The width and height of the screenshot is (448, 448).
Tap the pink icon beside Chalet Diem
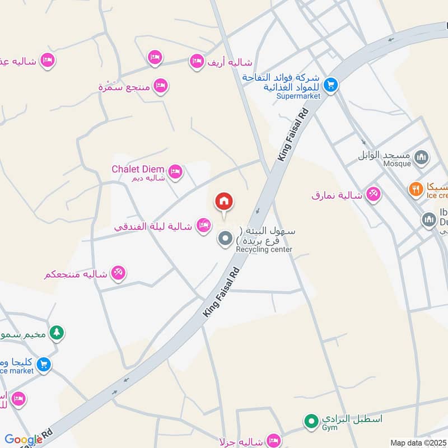(x=175, y=171)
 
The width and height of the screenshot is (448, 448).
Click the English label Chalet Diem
(x=138, y=169)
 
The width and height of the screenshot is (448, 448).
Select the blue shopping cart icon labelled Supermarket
(x=330, y=85)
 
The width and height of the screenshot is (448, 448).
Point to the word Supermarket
(x=298, y=96)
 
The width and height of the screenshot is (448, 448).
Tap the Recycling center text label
(x=264, y=249)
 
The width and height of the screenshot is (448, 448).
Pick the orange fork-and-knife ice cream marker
(x=415, y=189)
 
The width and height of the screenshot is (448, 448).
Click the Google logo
(x=23, y=440)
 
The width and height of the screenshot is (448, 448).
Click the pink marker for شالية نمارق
(x=372, y=194)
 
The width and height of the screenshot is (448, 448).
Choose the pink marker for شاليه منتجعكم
(x=118, y=273)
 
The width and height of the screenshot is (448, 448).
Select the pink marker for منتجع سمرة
(x=161, y=86)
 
